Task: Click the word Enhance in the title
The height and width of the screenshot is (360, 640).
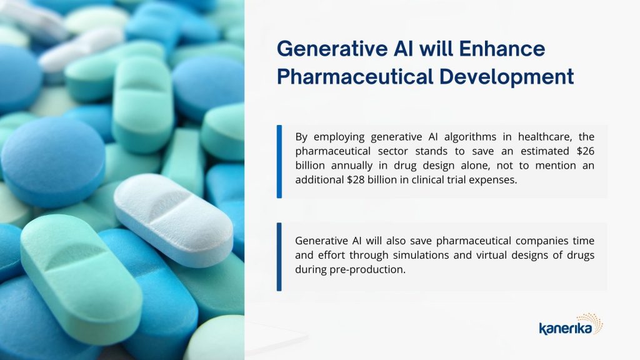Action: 502,49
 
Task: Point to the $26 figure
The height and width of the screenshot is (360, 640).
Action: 585,151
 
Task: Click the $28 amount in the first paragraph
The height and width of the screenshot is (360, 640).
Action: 356,180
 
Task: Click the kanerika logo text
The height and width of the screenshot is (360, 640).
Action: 565,327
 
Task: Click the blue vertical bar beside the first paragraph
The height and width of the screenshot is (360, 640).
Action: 279,162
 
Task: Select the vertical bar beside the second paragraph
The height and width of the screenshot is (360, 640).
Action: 279,257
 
